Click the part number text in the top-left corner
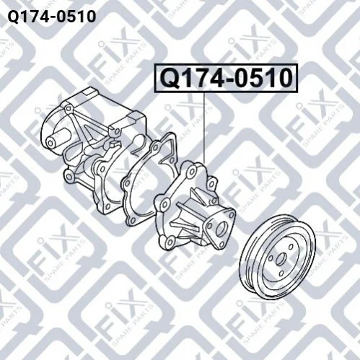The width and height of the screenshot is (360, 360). click(52, 17)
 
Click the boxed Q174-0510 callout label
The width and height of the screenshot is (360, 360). click(226, 78)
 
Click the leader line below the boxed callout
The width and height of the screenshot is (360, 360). click(205, 128)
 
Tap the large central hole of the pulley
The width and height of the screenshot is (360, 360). click(281, 259)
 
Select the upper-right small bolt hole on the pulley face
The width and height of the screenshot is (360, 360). click(291, 247)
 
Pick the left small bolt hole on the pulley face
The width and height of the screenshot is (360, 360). click(271, 258)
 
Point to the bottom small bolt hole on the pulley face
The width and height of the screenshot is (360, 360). click(281, 273)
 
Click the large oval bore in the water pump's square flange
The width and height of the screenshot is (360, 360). click(220, 229)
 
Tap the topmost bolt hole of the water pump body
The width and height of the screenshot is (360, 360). click(192, 171)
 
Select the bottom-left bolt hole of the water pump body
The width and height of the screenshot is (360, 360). click(170, 240)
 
